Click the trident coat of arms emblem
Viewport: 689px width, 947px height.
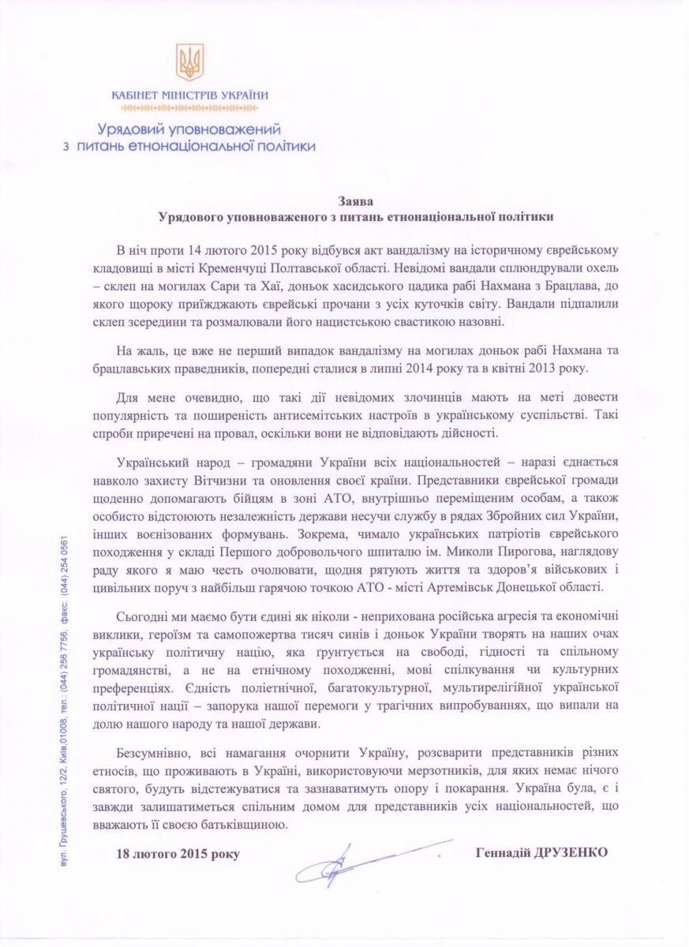(x=189, y=62)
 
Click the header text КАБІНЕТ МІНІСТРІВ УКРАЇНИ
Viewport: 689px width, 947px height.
(x=190, y=95)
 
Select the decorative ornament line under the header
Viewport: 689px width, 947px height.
(x=190, y=107)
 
